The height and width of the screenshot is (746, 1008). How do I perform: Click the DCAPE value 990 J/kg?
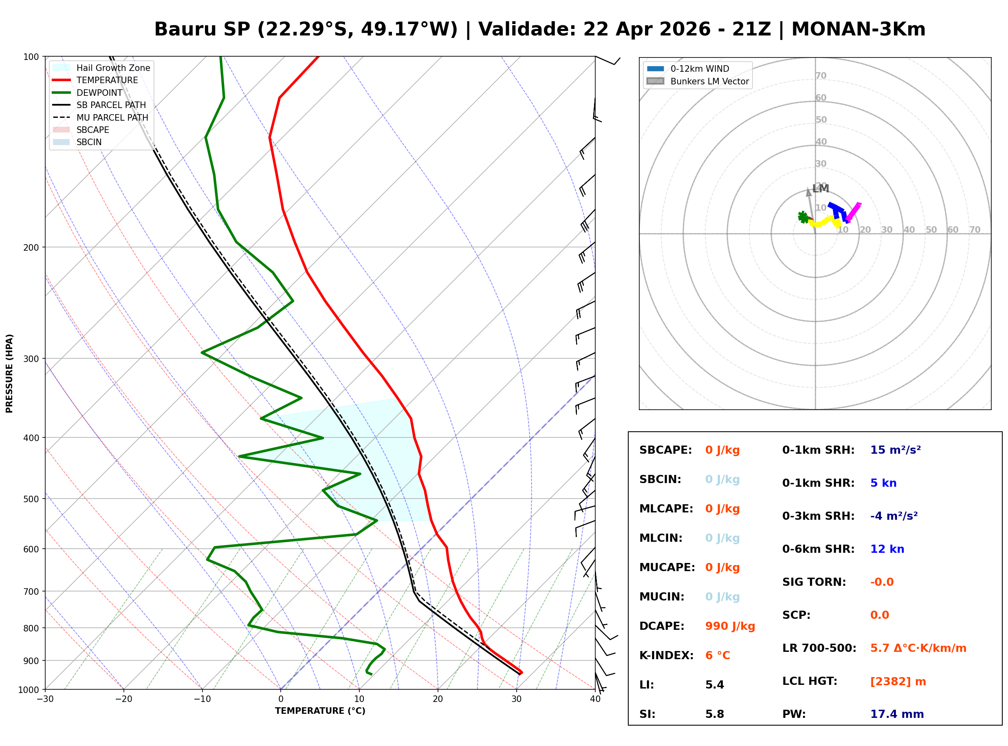730,626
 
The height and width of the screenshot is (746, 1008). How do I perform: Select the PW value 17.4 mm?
896,714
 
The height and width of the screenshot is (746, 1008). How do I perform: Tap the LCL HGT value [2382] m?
898,682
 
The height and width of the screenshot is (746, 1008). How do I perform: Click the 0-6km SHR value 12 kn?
887,549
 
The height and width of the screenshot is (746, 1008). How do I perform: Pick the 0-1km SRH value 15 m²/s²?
895,450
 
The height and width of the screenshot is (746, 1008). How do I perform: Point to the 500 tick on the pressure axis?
31,499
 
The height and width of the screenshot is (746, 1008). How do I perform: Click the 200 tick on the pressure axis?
31,247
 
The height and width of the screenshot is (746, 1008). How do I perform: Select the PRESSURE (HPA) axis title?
9,373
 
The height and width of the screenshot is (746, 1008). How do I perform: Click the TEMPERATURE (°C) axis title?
320,711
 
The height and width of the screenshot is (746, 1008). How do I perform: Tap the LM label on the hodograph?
820,189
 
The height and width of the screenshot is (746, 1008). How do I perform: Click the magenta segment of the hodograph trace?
854,211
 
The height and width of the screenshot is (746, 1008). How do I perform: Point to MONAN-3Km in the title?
858,29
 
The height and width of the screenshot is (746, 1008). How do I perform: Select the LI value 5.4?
714,685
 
